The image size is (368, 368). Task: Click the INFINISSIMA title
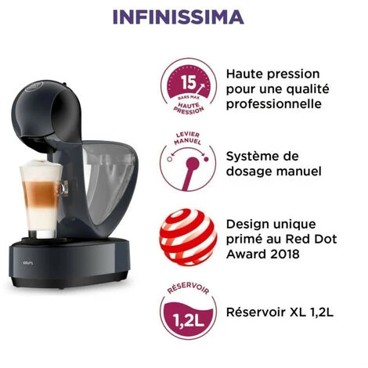[x=179, y=17]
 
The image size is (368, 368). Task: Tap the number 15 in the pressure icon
[x=189, y=82]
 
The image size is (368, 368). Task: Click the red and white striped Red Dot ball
[x=188, y=237]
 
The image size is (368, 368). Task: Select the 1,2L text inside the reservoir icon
[x=188, y=321]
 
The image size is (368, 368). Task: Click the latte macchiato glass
[x=41, y=198]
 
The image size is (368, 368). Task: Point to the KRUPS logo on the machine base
[x=28, y=263]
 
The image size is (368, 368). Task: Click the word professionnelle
[x=274, y=104]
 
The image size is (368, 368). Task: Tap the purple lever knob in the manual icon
[x=193, y=164]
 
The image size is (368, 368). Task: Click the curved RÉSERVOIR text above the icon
[x=188, y=287]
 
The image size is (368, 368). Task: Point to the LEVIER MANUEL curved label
[x=188, y=139]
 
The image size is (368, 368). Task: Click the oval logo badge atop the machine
[x=34, y=86]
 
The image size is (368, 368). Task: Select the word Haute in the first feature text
[x=244, y=74]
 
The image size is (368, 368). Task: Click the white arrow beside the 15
[x=200, y=89]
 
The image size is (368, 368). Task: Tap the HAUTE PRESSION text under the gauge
[x=189, y=108]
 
